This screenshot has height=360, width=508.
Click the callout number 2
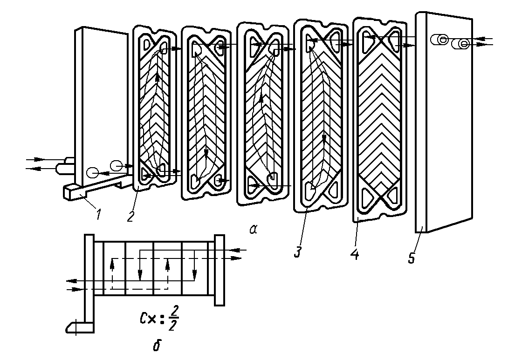[x=131, y=216]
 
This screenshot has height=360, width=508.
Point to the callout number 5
[x=412, y=258]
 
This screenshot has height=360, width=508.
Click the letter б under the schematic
[x=157, y=345]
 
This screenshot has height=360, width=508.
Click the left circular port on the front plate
[x=92, y=174]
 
